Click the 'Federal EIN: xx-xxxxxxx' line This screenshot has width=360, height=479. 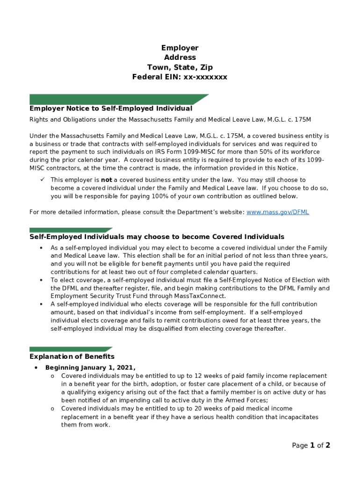click(x=180, y=77)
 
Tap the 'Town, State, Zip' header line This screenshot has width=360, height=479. click(x=180, y=67)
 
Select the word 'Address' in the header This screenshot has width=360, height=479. click(x=180, y=58)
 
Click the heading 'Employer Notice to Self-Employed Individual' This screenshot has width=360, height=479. click(x=111, y=109)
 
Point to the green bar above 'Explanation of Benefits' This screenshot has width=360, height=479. click(x=70, y=349)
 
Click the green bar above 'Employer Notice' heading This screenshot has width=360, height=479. click(x=117, y=99)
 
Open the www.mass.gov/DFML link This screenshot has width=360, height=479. click(x=277, y=212)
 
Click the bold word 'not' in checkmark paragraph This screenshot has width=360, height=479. click(x=107, y=180)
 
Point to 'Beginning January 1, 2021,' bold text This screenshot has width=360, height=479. click(x=90, y=368)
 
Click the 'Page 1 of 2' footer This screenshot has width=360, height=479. click(x=311, y=445)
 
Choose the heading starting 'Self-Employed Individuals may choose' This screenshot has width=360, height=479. click(x=157, y=237)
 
